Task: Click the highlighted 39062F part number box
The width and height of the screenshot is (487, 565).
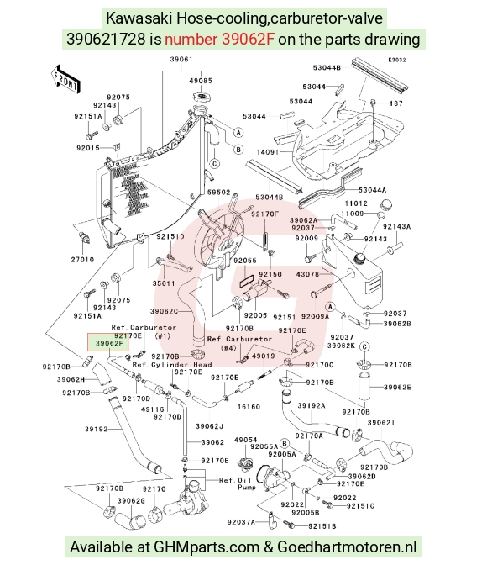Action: (108, 342)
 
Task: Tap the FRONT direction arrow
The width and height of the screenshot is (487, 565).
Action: (65, 80)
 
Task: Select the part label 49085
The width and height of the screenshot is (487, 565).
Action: (201, 81)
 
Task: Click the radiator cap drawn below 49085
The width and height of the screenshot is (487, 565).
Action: (202, 97)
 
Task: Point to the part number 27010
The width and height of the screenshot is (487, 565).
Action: (82, 260)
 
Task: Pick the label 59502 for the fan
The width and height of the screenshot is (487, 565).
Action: (218, 193)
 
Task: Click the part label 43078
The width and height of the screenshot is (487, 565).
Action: (307, 274)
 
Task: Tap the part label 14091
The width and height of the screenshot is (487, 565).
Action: (268, 152)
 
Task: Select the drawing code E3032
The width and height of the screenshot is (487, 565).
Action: (396, 60)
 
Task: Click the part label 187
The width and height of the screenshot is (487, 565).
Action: (396, 103)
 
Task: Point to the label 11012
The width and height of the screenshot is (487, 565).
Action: (356, 203)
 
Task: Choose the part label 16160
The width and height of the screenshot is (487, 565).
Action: (249, 407)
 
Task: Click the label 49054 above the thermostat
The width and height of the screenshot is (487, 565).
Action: (245, 440)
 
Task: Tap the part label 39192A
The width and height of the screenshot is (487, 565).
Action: (312, 405)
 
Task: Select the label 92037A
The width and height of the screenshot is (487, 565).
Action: (241, 522)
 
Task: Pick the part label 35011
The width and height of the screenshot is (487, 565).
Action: (164, 283)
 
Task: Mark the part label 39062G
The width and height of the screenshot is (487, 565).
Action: (131, 501)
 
